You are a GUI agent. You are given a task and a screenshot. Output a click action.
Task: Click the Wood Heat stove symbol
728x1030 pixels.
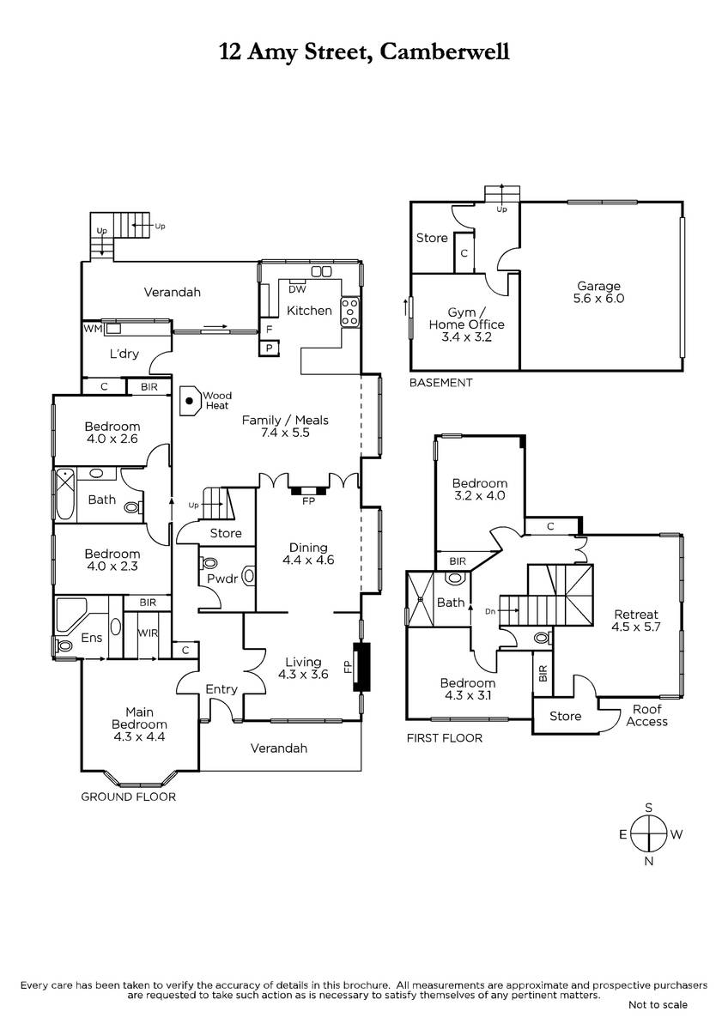tap(190, 401)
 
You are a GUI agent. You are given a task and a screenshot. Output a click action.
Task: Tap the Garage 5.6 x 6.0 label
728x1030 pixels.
tap(598, 292)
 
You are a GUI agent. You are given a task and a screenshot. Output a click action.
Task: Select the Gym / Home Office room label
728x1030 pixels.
tap(466, 324)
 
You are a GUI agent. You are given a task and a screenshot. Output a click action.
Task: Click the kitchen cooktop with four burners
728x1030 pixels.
tap(349, 313)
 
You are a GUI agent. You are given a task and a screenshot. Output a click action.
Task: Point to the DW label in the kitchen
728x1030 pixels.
tap(297, 289)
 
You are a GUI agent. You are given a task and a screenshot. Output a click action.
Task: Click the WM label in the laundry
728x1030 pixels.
tap(93, 329)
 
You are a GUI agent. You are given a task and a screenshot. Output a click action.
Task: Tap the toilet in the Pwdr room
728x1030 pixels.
tap(209, 563)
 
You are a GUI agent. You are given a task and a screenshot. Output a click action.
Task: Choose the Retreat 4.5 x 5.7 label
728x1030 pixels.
tap(635, 621)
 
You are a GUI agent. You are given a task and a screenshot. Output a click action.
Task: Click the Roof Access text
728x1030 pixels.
tap(646, 716)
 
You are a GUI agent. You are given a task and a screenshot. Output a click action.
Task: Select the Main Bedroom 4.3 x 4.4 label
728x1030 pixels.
tap(139, 724)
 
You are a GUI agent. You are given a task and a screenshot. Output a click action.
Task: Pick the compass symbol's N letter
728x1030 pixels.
tap(648, 861)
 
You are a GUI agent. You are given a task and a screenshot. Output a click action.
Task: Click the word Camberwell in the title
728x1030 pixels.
tap(445, 51)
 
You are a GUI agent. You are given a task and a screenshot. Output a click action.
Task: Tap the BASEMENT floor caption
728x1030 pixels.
tap(440, 383)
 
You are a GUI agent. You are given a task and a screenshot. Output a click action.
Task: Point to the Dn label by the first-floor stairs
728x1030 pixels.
tap(490, 611)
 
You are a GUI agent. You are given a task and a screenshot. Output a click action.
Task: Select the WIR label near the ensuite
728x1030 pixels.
tap(148, 633)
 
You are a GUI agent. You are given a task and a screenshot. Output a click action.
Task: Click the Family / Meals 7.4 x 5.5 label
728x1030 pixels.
tap(285, 427)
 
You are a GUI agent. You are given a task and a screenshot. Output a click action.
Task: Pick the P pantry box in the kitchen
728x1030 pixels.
tap(270, 348)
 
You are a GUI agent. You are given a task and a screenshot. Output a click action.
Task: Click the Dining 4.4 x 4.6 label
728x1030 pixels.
tap(308, 554)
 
